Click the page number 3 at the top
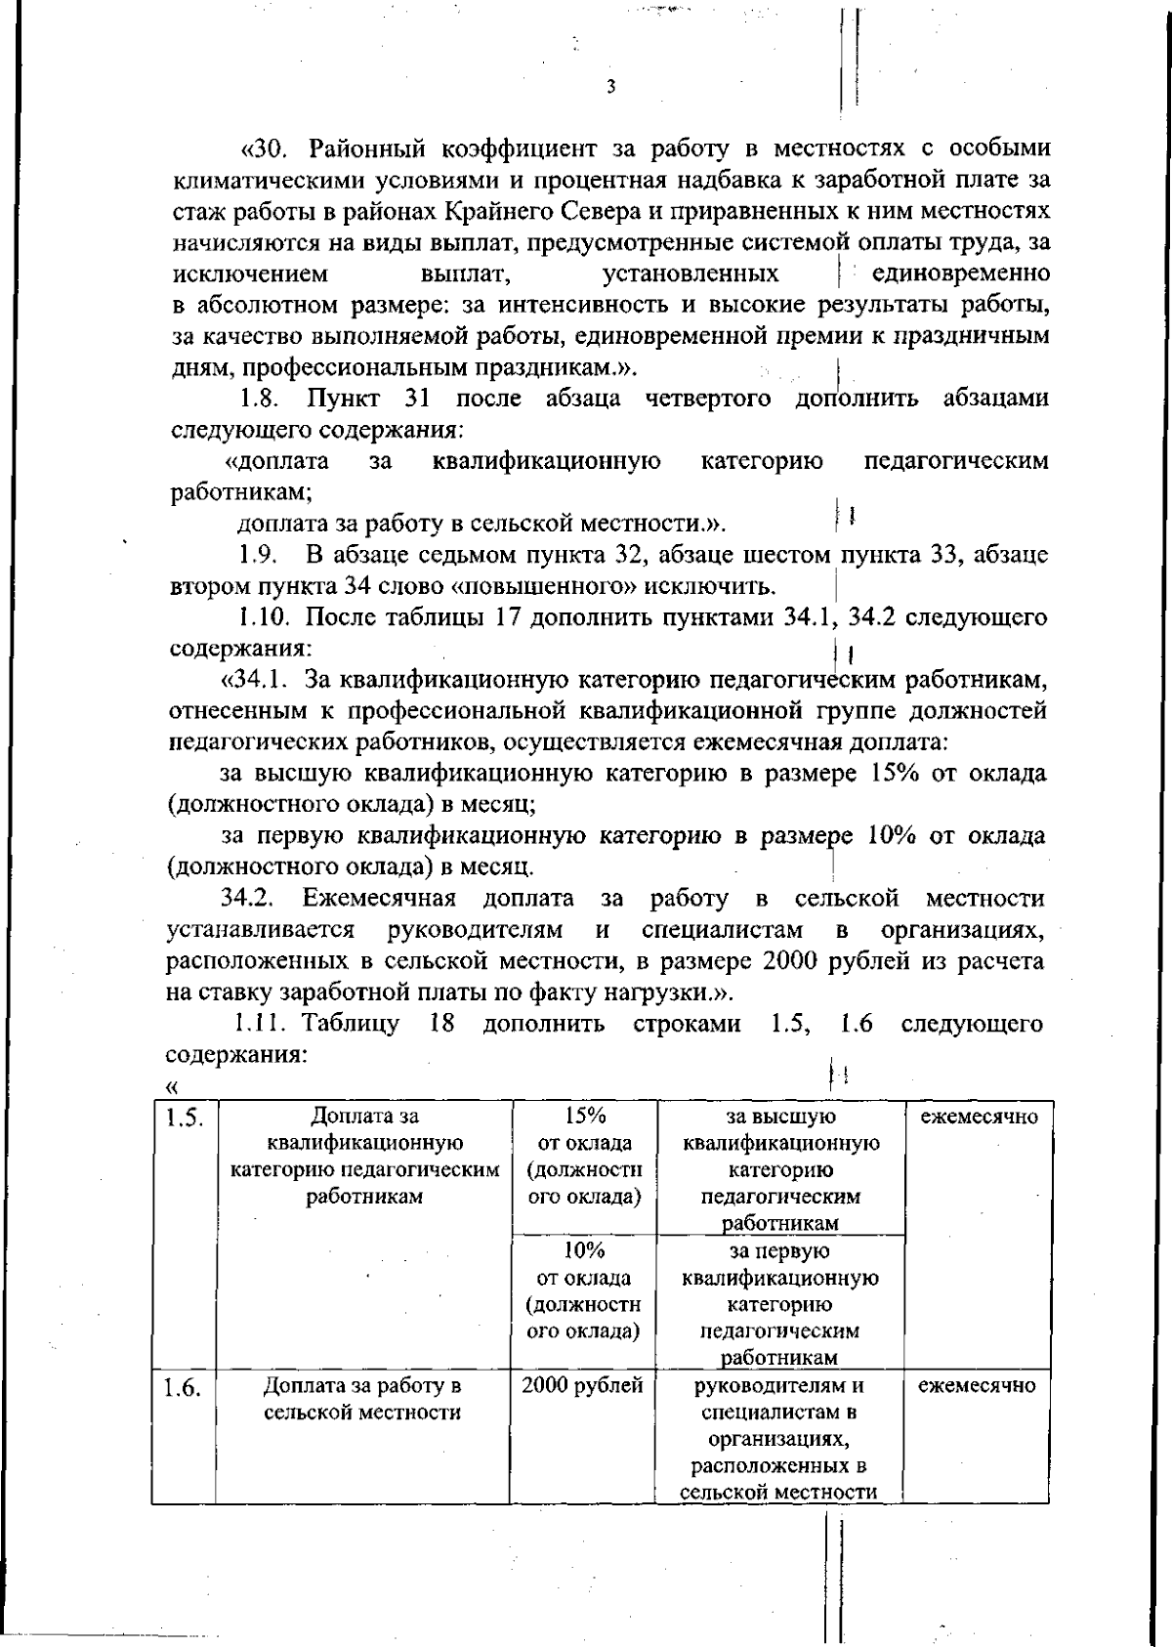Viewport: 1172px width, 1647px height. tap(610, 86)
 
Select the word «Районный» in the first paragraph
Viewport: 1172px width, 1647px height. tap(367, 149)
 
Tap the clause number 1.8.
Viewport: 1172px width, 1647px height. tap(260, 399)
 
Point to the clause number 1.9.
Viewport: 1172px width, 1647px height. tap(260, 556)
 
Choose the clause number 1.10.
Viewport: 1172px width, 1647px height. tap(264, 618)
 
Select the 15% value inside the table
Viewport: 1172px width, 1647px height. tap(585, 1116)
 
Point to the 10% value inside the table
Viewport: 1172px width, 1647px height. tap(584, 1250)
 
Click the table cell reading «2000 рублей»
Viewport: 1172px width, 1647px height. tap(582, 1385)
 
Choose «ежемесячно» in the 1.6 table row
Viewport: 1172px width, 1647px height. tap(977, 1385)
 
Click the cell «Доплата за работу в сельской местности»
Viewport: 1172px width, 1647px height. tap(362, 1399)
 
